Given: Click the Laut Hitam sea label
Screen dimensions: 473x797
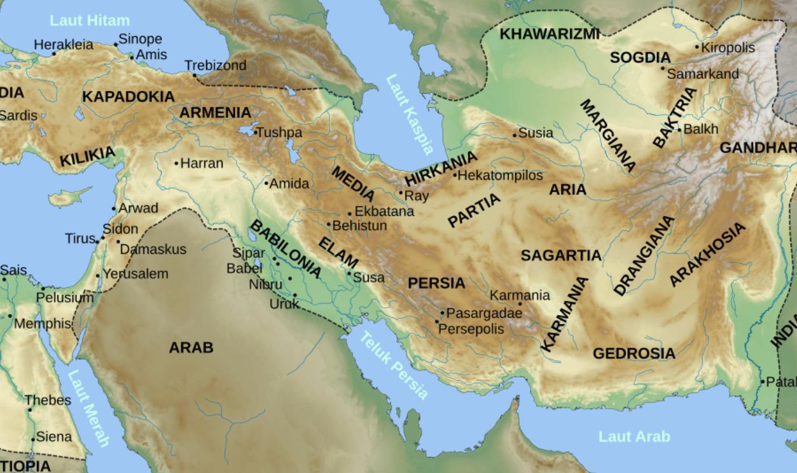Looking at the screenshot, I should [x=90, y=20].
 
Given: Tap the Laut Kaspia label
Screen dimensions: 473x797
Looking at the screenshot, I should [x=410, y=114].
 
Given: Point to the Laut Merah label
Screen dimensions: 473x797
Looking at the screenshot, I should [x=88, y=408].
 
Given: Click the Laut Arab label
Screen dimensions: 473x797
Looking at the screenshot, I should [x=634, y=437].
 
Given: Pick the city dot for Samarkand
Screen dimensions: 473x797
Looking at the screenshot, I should [x=663, y=68].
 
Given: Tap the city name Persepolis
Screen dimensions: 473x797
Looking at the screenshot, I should [x=471, y=329].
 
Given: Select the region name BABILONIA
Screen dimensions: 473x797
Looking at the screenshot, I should [x=286, y=250].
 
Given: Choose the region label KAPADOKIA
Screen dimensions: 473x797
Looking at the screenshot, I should [x=128, y=97].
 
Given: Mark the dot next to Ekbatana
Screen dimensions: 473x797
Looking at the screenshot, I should [x=349, y=214].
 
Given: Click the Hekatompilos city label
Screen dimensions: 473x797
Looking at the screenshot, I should [x=501, y=175].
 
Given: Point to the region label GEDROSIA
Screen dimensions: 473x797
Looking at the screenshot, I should [x=634, y=353].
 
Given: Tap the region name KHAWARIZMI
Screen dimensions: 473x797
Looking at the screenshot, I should [x=549, y=34].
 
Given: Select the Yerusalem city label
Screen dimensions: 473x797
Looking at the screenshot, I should [x=135, y=274].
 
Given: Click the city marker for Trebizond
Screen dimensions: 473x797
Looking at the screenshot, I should [x=195, y=75].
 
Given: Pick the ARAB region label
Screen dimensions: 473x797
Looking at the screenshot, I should [x=191, y=348].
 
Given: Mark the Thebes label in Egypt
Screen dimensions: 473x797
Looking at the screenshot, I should [x=48, y=400].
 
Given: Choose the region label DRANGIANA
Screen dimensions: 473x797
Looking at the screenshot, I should [x=644, y=255].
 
